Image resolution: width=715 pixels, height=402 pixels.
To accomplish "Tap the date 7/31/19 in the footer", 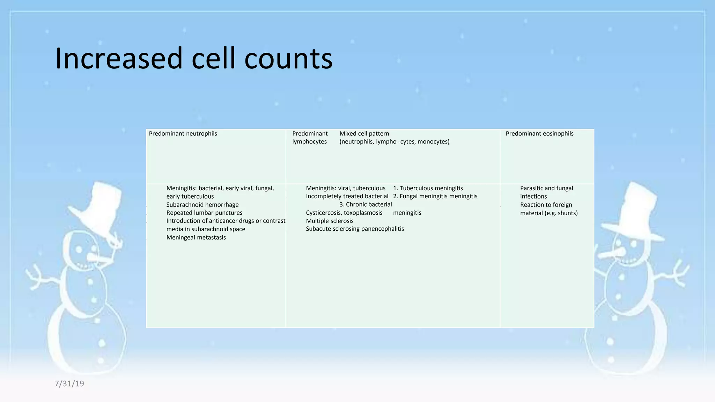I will coord(69,384).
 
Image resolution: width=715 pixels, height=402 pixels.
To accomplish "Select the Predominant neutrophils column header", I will coord(183,134).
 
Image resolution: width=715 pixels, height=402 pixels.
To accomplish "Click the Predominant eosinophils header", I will coord(539,134).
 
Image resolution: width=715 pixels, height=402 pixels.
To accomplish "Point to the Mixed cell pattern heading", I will coord(364,134).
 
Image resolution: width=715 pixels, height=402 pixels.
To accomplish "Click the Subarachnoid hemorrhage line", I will coord(202,205).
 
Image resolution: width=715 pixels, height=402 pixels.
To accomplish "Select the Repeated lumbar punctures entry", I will coord(204,213).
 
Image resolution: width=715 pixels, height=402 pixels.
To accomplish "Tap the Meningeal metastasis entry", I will coord(196,238).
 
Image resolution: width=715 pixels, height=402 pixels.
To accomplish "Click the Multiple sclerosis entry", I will coord(330,221).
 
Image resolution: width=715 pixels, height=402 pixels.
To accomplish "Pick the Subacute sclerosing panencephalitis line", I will coord(355,229).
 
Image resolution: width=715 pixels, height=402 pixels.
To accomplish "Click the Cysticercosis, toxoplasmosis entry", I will coord(344,213).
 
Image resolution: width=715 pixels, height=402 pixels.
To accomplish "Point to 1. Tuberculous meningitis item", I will coord(428,188).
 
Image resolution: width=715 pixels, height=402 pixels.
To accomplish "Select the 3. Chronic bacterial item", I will coord(366,204).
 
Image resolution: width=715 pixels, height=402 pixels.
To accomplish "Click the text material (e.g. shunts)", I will coord(549,213).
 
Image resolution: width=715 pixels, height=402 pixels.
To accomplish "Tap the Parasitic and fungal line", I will coord(546,188).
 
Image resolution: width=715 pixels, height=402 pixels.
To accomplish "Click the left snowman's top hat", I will coord(99,206).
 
